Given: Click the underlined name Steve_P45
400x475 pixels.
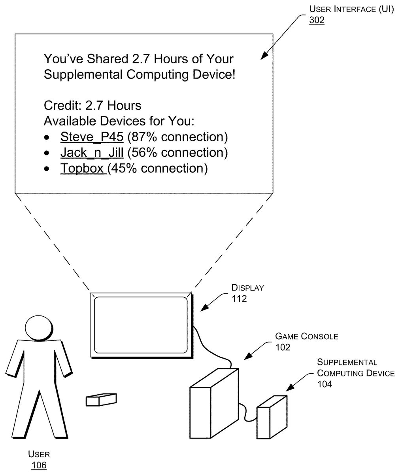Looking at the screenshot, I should (92, 137).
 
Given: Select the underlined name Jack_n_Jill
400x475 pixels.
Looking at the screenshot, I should (92, 152).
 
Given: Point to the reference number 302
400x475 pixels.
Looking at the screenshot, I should (317, 21).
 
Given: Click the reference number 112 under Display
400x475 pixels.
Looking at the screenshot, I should (239, 298).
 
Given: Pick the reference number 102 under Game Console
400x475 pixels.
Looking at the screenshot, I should (283, 347).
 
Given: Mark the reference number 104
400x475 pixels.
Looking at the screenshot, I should (325, 384).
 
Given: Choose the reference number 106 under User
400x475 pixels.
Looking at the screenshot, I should (39, 465).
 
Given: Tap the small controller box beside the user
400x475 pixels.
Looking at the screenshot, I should (101, 399).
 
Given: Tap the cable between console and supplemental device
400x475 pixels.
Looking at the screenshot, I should (248, 414).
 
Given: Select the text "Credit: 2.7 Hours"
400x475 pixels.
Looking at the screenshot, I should (92, 106).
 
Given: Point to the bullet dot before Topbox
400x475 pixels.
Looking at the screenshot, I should (47, 169).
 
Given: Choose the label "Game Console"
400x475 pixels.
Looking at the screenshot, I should (307, 336).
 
